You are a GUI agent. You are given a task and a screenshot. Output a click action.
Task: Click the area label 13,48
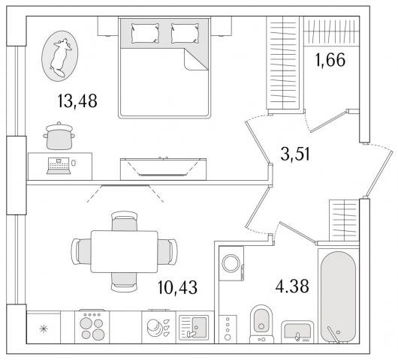point(77,100)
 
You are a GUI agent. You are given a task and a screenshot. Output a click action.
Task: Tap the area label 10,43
point(177,287)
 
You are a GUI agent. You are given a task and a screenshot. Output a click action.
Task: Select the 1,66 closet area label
point(330,60)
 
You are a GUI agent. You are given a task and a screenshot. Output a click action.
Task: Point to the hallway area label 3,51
point(295,154)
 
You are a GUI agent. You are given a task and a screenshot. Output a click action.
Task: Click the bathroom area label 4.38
point(292,286)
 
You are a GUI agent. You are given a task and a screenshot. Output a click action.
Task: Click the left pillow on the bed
point(145,33)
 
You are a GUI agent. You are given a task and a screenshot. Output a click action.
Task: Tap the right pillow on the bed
point(185,33)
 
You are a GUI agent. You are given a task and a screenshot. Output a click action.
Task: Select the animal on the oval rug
point(60,57)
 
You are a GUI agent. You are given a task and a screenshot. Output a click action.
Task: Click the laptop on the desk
point(59,166)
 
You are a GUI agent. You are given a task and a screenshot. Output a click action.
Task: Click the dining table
point(125,251)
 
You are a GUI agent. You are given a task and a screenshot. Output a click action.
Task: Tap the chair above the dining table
point(125,220)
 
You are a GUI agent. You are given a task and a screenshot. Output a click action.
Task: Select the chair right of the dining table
point(167,251)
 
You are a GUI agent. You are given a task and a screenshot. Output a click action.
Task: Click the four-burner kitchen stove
point(92,327)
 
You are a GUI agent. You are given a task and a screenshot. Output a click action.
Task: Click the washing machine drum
point(231,263)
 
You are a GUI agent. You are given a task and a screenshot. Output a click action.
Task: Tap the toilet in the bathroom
point(261,324)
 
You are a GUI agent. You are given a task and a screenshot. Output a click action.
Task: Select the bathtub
point(338,296)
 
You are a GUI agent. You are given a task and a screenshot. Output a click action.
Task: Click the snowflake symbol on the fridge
point(44,329)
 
